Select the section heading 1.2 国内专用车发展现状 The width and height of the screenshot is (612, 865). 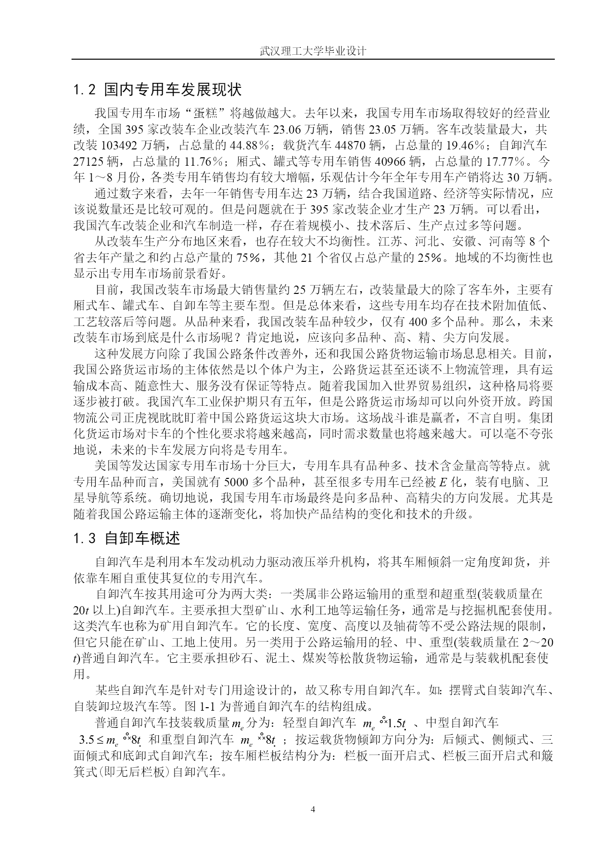(x=157, y=90)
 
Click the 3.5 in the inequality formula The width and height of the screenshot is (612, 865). (x=87, y=740)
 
